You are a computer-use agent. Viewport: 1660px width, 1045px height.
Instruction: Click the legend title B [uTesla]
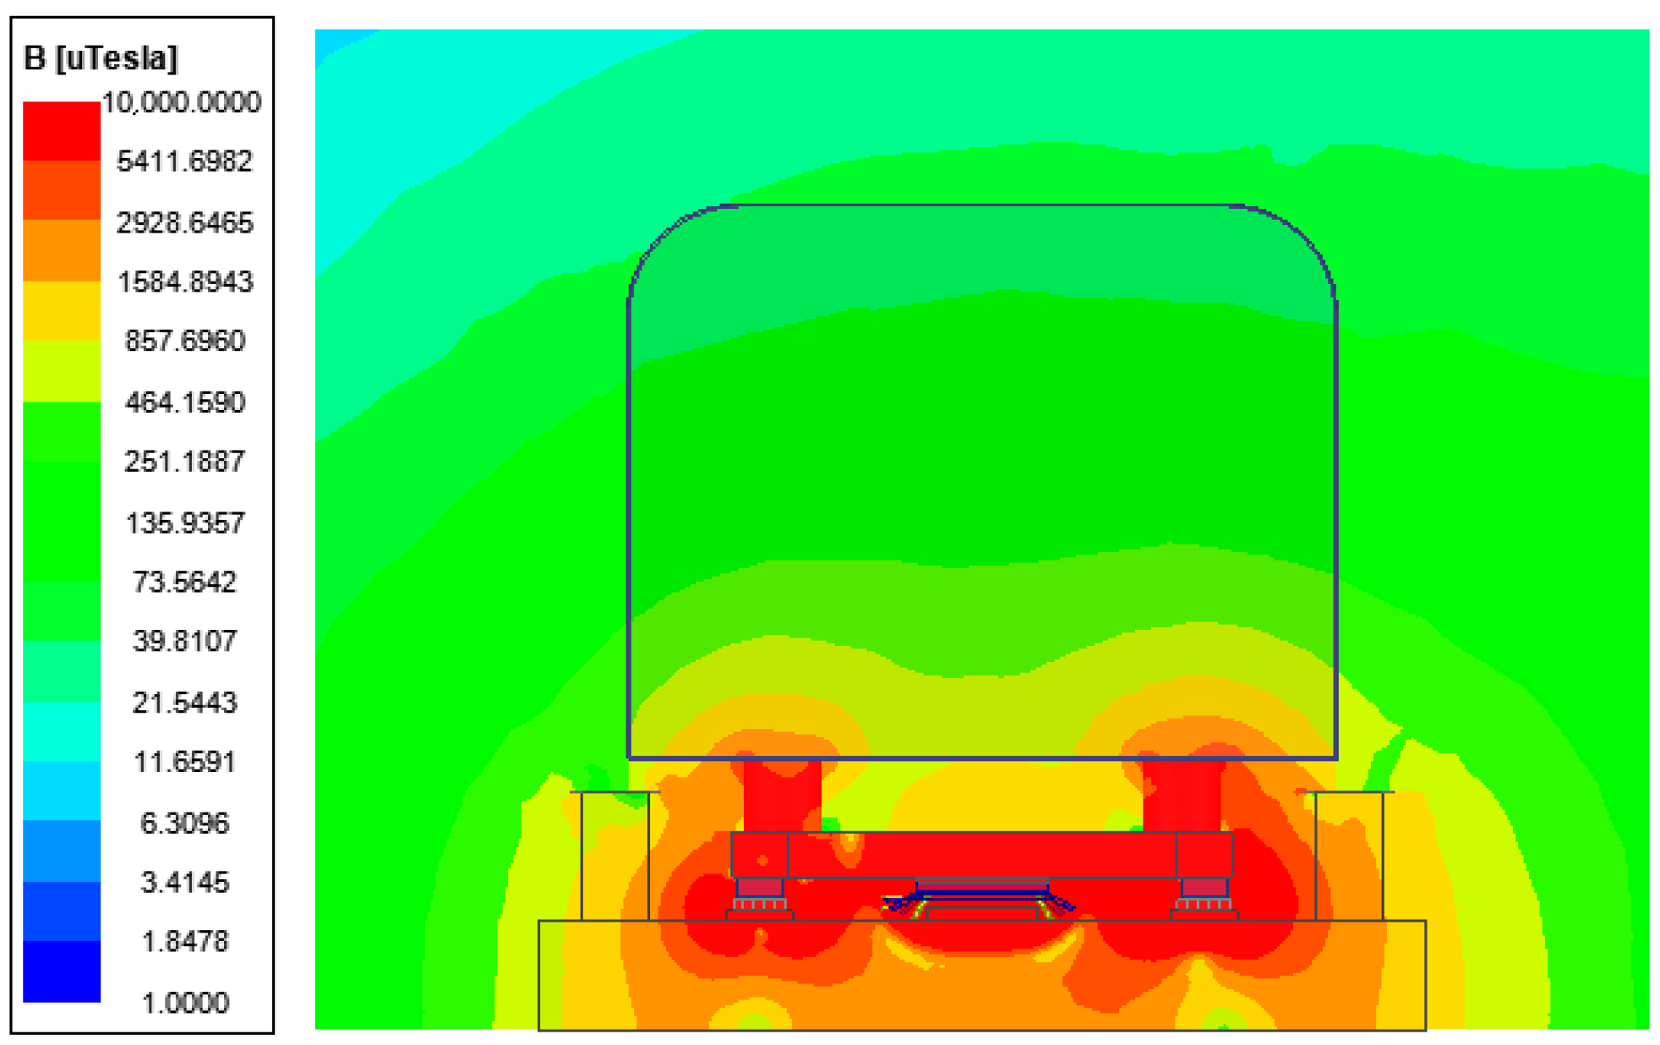[x=101, y=57]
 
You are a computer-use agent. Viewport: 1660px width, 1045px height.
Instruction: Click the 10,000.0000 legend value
[x=181, y=102]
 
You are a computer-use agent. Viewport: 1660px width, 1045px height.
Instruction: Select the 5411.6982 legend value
[x=184, y=161]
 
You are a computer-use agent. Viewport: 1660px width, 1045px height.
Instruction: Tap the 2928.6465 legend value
[x=184, y=222]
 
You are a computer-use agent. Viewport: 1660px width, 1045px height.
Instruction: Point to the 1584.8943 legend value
[x=184, y=282]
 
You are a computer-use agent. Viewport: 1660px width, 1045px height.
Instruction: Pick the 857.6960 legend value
[x=184, y=341]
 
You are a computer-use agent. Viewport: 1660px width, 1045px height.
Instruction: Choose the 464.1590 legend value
[x=184, y=402]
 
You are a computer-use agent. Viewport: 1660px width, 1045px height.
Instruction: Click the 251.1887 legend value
[x=184, y=462]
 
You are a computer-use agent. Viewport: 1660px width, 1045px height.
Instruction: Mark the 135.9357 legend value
[x=184, y=522]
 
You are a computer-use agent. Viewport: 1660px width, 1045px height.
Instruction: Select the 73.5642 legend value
[x=184, y=582]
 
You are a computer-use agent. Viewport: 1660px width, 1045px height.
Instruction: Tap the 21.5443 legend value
[x=184, y=702]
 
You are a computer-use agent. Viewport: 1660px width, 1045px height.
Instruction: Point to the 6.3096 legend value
[x=184, y=823]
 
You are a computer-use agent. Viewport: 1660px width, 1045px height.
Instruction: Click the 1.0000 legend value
[x=184, y=1003]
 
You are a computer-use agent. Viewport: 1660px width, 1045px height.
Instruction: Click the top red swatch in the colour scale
[x=61, y=131]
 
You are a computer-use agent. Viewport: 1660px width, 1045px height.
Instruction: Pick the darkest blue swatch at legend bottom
[x=61, y=972]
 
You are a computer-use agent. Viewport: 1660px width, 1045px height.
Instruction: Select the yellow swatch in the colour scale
[x=61, y=310]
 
